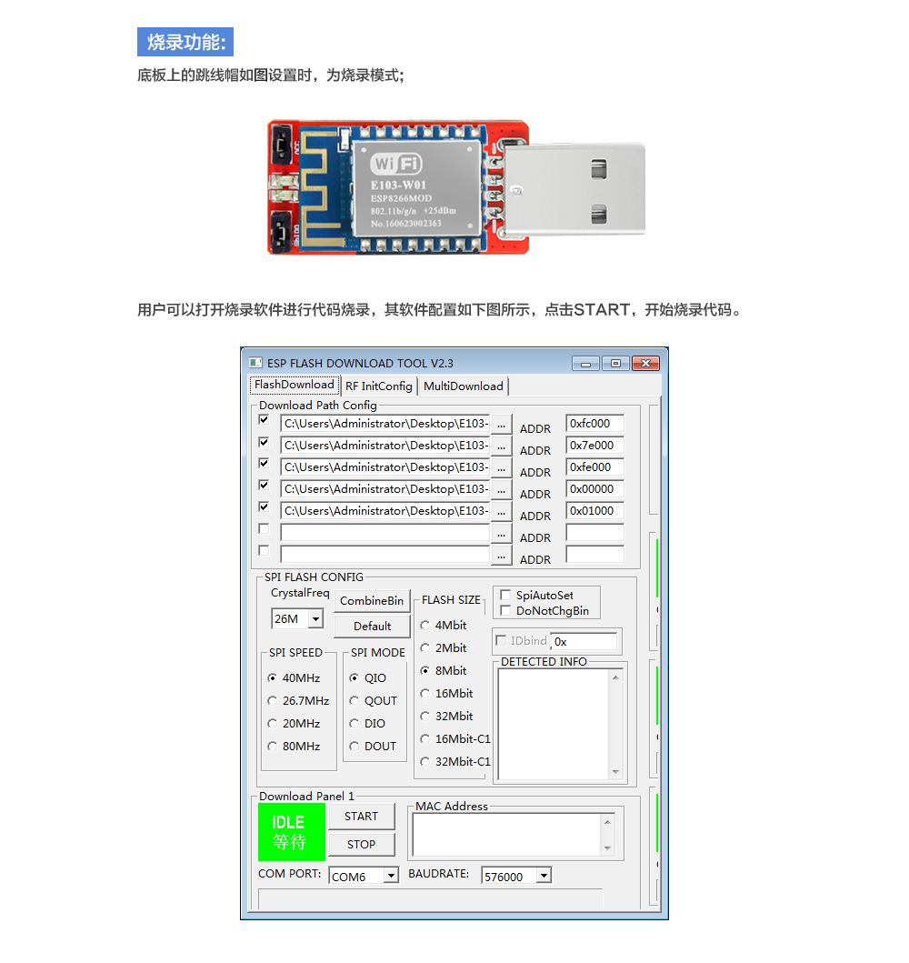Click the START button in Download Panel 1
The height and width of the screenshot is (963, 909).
pos(361,817)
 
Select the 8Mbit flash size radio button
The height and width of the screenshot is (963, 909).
pos(425,671)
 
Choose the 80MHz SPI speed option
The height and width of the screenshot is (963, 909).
pos(273,747)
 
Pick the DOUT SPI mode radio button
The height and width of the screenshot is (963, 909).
pos(355,747)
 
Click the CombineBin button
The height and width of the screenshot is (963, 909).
pos(371,601)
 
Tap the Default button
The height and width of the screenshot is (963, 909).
pos(372,627)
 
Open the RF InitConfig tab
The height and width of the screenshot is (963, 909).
pos(379,386)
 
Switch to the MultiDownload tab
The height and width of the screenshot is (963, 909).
pos(463,386)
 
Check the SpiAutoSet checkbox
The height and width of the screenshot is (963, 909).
pos(506,596)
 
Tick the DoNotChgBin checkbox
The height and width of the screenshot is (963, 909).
pos(506,611)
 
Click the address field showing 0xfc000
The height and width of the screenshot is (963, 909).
pos(594,424)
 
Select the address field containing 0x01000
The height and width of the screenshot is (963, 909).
pos(594,511)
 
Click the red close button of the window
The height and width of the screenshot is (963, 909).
pos(645,364)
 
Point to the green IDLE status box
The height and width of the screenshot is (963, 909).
pos(291,832)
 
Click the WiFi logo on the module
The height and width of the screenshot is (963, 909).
pos(396,164)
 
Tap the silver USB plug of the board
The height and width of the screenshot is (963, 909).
pos(582,191)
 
